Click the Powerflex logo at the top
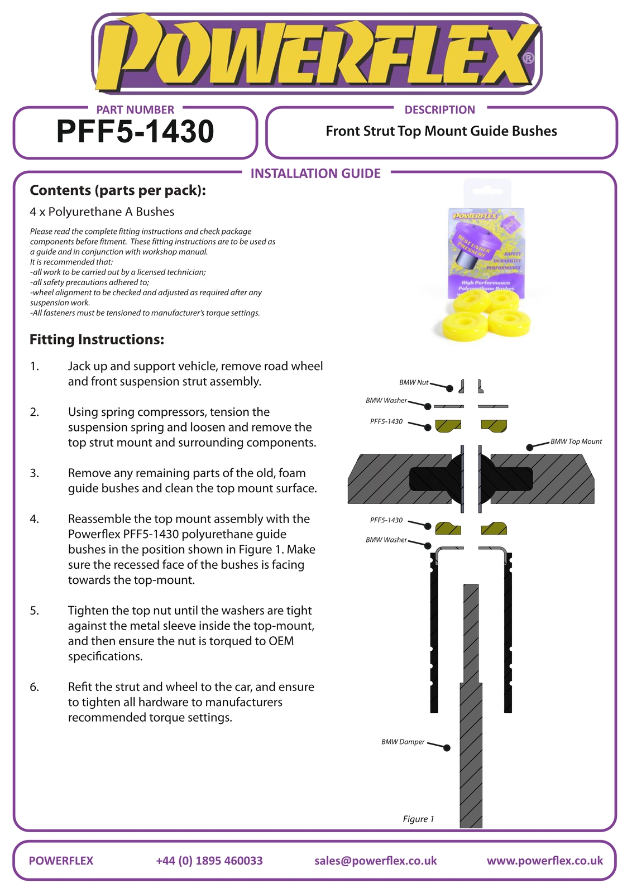[x=316, y=54]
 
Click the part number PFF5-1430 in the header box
[x=135, y=132]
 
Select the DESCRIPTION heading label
[x=439, y=110]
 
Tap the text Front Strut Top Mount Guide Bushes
[x=441, y=131]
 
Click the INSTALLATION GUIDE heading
[x=315, y=174]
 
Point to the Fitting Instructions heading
[x=97, y=339]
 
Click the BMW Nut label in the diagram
[x=414, y=382]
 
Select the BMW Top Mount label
[x=576, y=441]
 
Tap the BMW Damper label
[x=403, y=742]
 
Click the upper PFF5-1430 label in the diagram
[x=386, y=421]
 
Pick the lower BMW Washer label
[x=386, y=540]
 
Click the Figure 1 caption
[x=418, y=819]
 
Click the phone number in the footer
[x=209, y=861]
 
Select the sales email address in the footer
[x=375, y=861]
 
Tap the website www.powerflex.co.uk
[x=544, y=861]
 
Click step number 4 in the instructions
[x=35, y=519]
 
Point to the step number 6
[x=35, y=687]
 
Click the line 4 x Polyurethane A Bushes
[x=102, y=212]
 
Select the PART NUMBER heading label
[x=135, y=110]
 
